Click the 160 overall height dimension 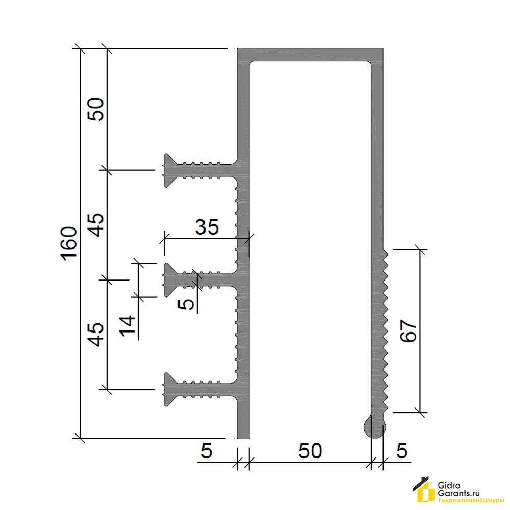(69, 243)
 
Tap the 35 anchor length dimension (207, 227)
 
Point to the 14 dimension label (127, 325)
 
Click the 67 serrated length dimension (408, 331)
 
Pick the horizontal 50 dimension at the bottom (310, 451)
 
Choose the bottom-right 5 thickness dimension (402, 451)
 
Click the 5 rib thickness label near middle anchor (186, 304)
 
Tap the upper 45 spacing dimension (96, 225)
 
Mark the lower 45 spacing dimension (96, 335)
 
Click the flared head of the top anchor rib (170, 170)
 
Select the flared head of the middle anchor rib (170, 279)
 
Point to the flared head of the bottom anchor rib (170, 389)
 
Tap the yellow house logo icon (424, 490)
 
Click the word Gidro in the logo (449, 486)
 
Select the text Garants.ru (458, 493)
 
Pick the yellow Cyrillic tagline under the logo (471, 501)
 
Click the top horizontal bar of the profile (310, 55)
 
